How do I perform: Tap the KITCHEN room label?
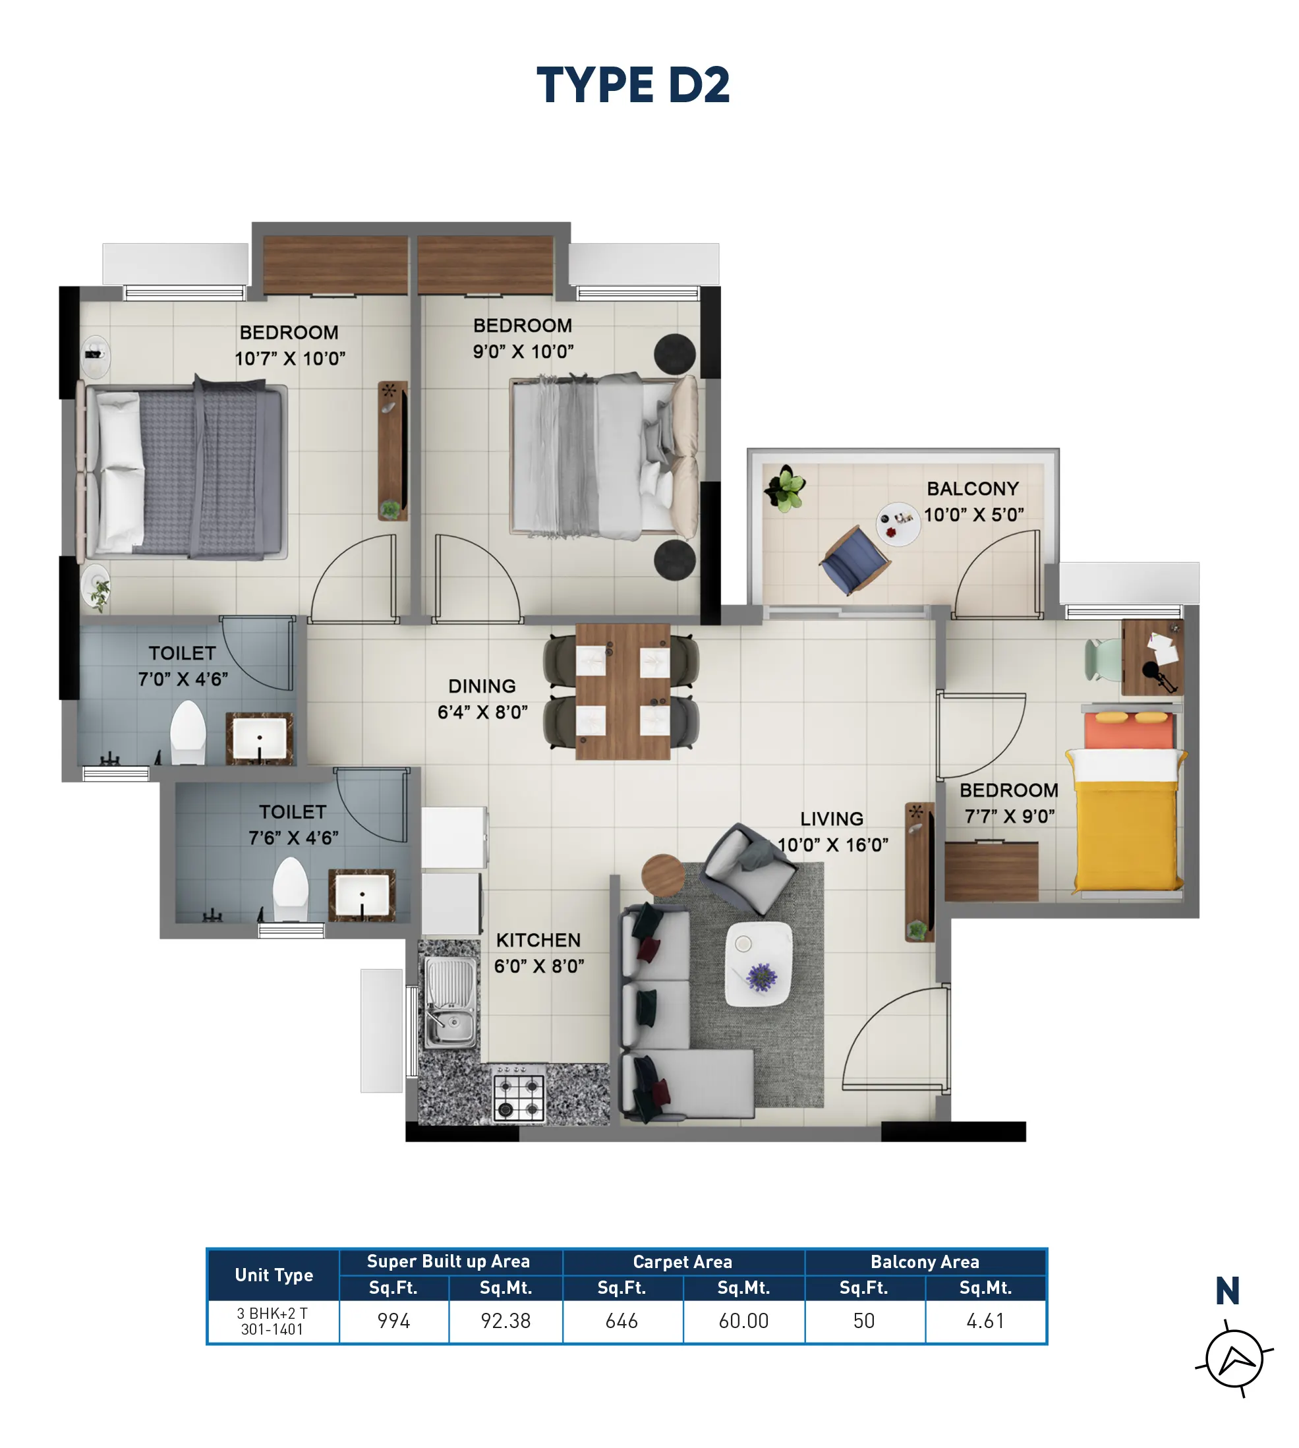coord(538,940)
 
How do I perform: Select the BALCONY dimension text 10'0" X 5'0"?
coord(973,515)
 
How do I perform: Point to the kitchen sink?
coord(450,1002)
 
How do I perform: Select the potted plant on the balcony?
coord(785,488)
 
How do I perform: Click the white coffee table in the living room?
coord(759,964)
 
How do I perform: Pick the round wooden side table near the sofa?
coord(664,875)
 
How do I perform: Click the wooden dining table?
coord(622,691)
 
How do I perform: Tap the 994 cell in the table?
coord(394,1321)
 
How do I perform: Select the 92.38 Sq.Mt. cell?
coord(505,1321)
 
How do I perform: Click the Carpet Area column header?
coord(683,1261)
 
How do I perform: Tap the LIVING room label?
coord(832,819)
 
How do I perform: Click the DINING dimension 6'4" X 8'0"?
coord(482,712)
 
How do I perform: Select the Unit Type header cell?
coord(274,1275)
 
